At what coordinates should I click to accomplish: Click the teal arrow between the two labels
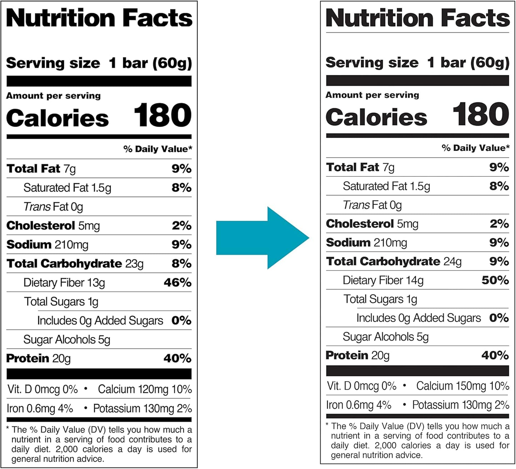pos(262,238)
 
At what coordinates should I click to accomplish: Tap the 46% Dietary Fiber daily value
pos(177,283)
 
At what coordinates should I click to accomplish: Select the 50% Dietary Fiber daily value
pos(495,280)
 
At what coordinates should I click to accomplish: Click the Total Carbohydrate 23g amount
pos(134,264)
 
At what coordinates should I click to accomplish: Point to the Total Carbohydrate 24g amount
pos(452,262)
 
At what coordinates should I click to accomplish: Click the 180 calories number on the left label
pos(162,115)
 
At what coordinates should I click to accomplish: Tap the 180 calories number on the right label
pos(481,114)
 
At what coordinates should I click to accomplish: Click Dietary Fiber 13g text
pos(64,283)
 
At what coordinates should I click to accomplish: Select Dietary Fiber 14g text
pos(383,280)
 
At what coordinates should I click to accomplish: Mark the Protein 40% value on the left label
pos(177,358)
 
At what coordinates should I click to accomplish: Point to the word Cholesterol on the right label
pos(360,224)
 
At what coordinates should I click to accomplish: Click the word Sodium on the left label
pos(29,245)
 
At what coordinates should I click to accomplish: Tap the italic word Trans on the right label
pos(356,205)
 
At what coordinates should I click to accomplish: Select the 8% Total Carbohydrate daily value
pos(181,264)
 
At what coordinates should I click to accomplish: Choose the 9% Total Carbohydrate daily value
pos(499,261)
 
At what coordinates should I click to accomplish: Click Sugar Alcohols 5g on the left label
pos(67,340)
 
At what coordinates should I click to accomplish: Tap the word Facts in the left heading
pos(157,19)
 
